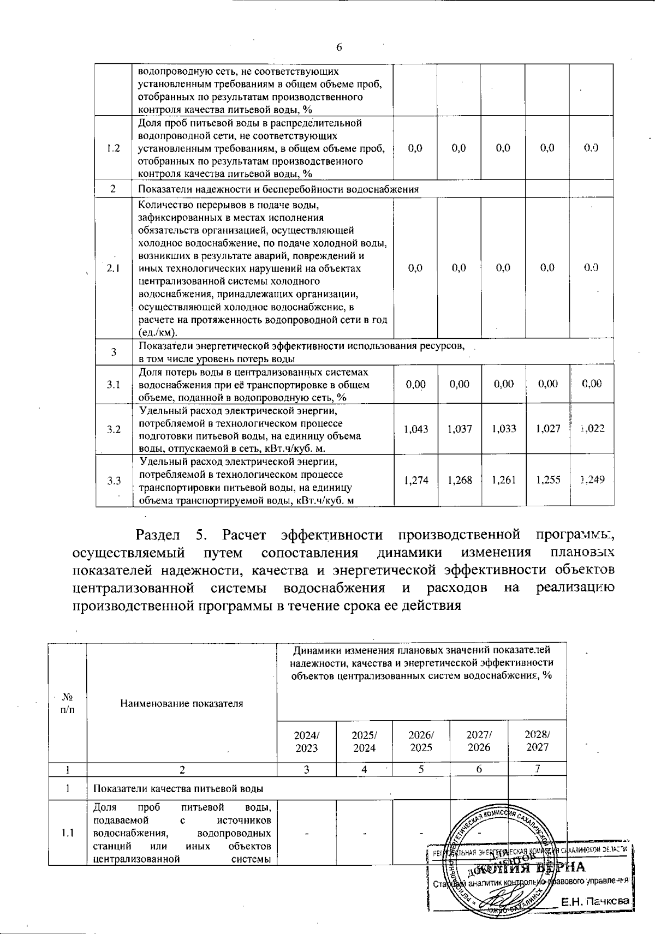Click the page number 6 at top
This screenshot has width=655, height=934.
pyautogui.click(x=339, y=47)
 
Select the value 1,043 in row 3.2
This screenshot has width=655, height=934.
pyautogui.click(x=415, y=429)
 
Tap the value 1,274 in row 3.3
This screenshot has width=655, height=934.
pyautogui.click(x=415, y=480)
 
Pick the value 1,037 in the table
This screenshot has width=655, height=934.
pyautogui.click(x=459, y=429)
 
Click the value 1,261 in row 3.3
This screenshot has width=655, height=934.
pyautogui.click(x=503, y=480)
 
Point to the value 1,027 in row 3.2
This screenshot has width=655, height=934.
pyautogui.click(x=547, y=429)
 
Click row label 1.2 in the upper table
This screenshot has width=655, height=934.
pyautogui.click(x=114, y=148)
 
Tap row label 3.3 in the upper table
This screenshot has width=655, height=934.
pyautogui.click(x=114, y=480)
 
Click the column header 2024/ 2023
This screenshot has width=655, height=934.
pyautogui.click(x=307, y=741)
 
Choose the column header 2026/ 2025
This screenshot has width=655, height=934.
pyautogui.click(x=420, y=741)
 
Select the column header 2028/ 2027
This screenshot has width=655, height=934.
pyautogui.click(x=537, y=741)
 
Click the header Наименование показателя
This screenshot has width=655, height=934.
pyautogui.click(x=181, y=703)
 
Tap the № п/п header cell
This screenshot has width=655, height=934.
pyautogui.click(x=68, y=703)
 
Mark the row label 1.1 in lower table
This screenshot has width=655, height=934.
pyautogui.click(x=68, y=833)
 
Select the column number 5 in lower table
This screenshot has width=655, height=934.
pyautogui.click(x=420, y=769)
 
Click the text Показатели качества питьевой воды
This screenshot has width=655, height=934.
pyautogui.click(x=178, y=789)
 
